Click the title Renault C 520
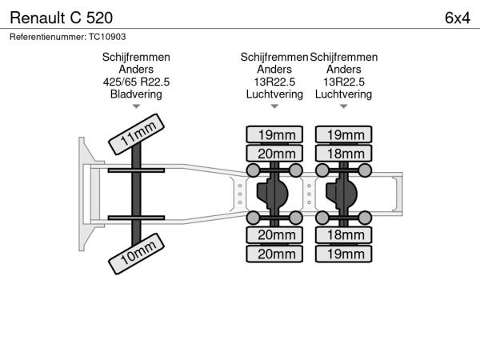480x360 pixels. [61, 17]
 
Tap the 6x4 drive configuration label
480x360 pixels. [457, 17]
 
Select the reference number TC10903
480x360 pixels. [108, 37]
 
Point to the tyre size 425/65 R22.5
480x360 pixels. [136, 82]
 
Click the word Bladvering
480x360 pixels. [136, 94]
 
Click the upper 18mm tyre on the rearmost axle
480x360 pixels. [344, 154]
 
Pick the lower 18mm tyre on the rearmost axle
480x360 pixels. [344, 234]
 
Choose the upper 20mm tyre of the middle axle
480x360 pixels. [274, 154]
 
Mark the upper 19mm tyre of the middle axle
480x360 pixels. [274, 134]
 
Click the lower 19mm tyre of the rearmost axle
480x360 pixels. [344, 254]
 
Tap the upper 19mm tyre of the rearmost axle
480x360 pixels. [344, 134]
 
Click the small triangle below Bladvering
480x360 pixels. [136, 106]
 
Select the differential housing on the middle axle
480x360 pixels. [274, 193]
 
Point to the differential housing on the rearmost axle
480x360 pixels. [344, 193]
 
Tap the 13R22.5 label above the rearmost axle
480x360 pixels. [344, 82]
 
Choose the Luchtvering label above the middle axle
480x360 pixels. [274, 94]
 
